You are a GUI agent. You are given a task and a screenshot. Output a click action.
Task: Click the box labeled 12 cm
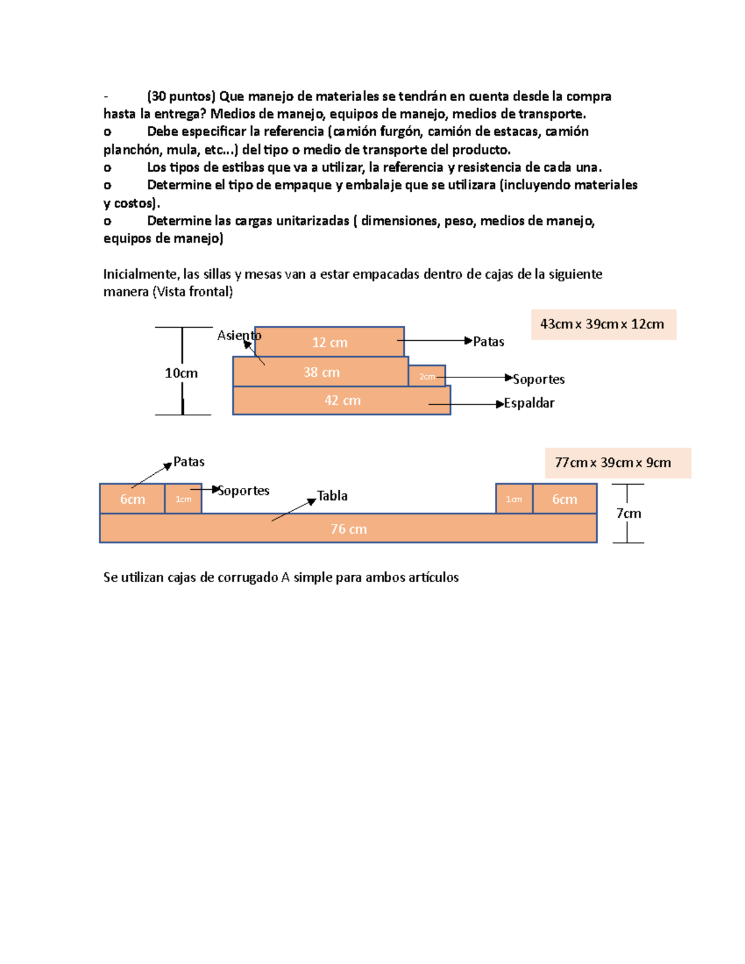(329, 341)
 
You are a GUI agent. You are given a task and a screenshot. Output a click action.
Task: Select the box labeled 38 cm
(320, 371)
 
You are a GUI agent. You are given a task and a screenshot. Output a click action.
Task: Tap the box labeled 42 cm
(341, 400)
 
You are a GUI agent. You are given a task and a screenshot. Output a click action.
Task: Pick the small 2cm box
(427, 376)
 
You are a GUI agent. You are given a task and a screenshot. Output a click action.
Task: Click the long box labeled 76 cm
(348, 529)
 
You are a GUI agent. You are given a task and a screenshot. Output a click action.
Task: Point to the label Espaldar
(529, 403)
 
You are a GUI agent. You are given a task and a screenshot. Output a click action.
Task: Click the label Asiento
(238, 335)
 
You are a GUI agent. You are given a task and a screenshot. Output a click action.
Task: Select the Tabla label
(332, 495)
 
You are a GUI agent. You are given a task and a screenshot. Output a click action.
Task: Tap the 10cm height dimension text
(181, 372)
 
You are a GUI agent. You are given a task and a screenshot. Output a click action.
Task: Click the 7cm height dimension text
(628, 513)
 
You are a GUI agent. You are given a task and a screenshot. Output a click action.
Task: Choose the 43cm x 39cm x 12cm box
(603, 324)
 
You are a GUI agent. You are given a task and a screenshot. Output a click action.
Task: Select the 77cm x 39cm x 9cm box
(618, 462)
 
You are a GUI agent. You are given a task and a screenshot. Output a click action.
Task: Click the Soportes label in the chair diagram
(538, 379)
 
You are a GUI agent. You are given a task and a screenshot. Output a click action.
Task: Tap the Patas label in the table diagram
(189, 461)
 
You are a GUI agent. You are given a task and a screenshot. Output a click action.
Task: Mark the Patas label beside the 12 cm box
(489, 341)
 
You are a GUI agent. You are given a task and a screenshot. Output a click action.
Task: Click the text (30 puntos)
(181, 96)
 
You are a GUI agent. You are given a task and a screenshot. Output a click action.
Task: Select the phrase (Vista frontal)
(192, 292)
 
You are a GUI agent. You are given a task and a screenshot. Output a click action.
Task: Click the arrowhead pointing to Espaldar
(500, 404)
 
